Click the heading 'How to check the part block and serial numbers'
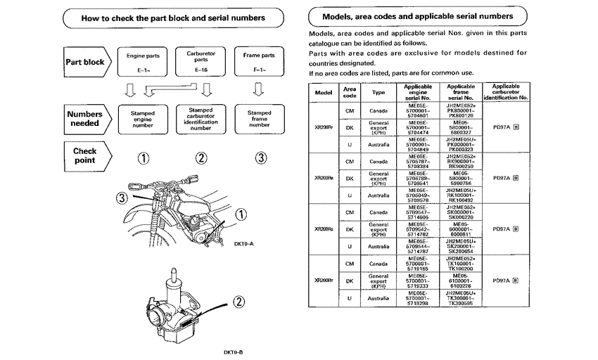pyautogui.click(x=167, y=18)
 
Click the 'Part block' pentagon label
pyautogui.click(x=86, y=61)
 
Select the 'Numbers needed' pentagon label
pyautogui.click(x=86, y=118)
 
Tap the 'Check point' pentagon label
pyautogui.click(x=86, y=155)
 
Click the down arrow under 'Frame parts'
pyautogui.click(x=258, y=89)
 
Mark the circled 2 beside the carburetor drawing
pyautogui.click(x=238, y=303)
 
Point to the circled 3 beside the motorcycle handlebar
pyautogui.click(x=121, y=199)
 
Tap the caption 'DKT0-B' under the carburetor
pyautogui.click(x=234, y=352)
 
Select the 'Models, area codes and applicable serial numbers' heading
pyautogui.click(x=417, y=15)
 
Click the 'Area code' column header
pyautogui.click(x=349, y=92)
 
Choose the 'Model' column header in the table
pyautogui.click(x=324, y=92)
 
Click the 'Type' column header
pyautogui.click(x=378, y=92)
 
